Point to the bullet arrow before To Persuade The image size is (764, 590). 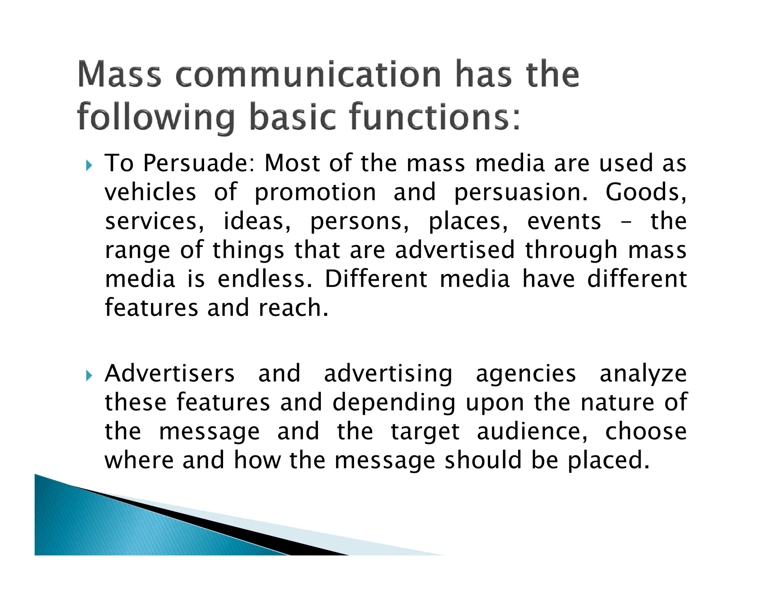(88, 164)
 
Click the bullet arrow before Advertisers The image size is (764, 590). (88, 375)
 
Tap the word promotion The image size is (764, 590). (315, 193)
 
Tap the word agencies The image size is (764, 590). (526, 374)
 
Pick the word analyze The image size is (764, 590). (643, 374)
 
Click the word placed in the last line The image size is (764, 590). (608, 461)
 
